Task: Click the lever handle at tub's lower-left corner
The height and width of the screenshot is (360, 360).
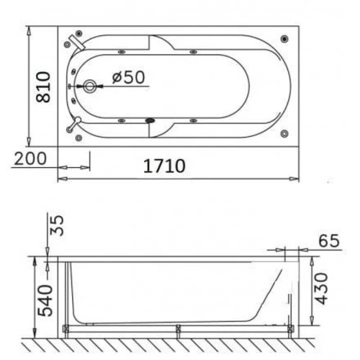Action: [x=71, y=127]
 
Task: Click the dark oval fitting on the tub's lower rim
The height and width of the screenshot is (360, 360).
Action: [x=150, y=120]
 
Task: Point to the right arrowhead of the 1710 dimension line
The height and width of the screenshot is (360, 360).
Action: [x=296, y=174]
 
